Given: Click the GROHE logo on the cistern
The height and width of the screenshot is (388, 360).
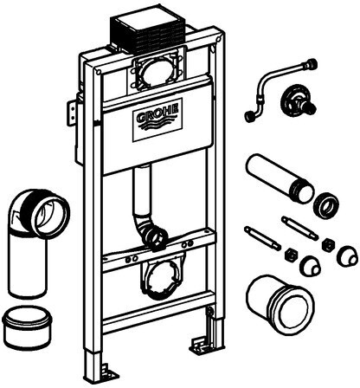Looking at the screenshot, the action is [x=157, y=120].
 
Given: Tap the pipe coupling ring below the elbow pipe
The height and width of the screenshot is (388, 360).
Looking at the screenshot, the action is [x=27, y=327].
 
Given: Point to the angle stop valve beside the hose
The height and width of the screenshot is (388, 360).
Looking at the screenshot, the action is [x=298, y=101].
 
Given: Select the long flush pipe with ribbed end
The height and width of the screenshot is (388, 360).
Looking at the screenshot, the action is [x=280, y=178].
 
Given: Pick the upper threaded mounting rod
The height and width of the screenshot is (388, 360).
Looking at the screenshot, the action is [x=299, y=228].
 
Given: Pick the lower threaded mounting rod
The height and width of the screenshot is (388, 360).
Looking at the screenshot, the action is [x=262, y=238].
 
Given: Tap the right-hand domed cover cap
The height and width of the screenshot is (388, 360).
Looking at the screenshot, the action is [x=348, y=256].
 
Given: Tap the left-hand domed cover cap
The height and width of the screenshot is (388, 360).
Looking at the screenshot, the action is [x=311, y=266].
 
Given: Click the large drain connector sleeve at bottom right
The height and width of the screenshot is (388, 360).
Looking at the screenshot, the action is [x=280, y=305].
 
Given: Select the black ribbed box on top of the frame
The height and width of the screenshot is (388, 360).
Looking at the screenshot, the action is [x=147, y=30].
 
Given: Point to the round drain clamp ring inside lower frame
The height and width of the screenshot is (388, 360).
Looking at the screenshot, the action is [x=159, y=281].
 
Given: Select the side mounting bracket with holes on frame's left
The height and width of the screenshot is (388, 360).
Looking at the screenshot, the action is [x=72, y=113].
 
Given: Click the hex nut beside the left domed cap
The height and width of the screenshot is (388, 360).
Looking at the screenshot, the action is [x=289, y=255].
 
